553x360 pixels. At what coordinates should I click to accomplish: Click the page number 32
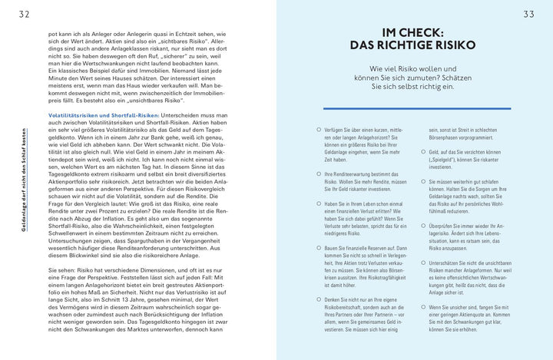click(25, 13)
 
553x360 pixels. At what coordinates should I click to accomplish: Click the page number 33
click(528, 13)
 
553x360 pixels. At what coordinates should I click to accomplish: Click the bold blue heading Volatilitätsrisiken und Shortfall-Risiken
click(104, 114)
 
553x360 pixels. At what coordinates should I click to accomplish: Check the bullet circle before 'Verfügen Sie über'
click(317, 131)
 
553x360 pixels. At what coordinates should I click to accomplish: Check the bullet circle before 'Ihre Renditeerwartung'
click(317, 175)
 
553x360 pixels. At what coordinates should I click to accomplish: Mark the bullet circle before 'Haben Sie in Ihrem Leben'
click(317, 204)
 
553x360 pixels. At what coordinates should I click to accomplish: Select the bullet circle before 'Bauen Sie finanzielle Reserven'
click(317, 248)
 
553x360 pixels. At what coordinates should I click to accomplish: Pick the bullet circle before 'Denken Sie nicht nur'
click(317, 299)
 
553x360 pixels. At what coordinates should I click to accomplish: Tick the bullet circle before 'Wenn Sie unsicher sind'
click(423, 306)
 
